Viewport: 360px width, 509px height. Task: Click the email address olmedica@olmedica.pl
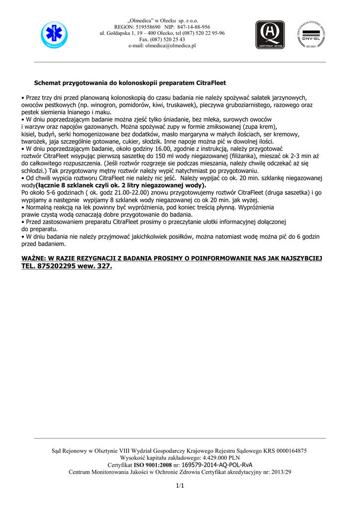click(171, 45)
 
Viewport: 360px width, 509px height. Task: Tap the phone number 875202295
click(58, 266)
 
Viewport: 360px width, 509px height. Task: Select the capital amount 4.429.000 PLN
click(219, 457)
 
